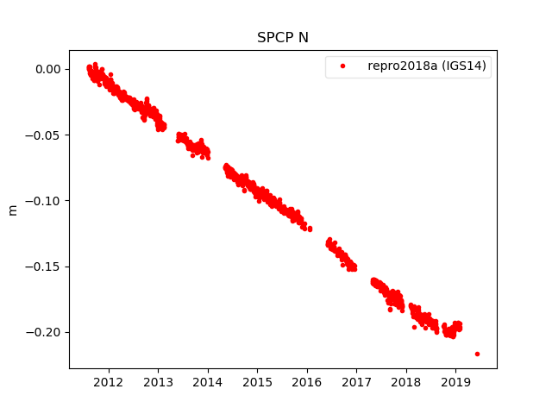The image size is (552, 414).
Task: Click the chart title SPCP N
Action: (x=282, y=38)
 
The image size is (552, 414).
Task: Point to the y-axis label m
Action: (x=12, y=210)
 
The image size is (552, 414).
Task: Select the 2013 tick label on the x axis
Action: (x=158, y=382)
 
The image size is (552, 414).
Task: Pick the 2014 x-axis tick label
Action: (x=208, y=382)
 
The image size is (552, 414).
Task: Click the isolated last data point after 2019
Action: (x=477, y=354)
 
